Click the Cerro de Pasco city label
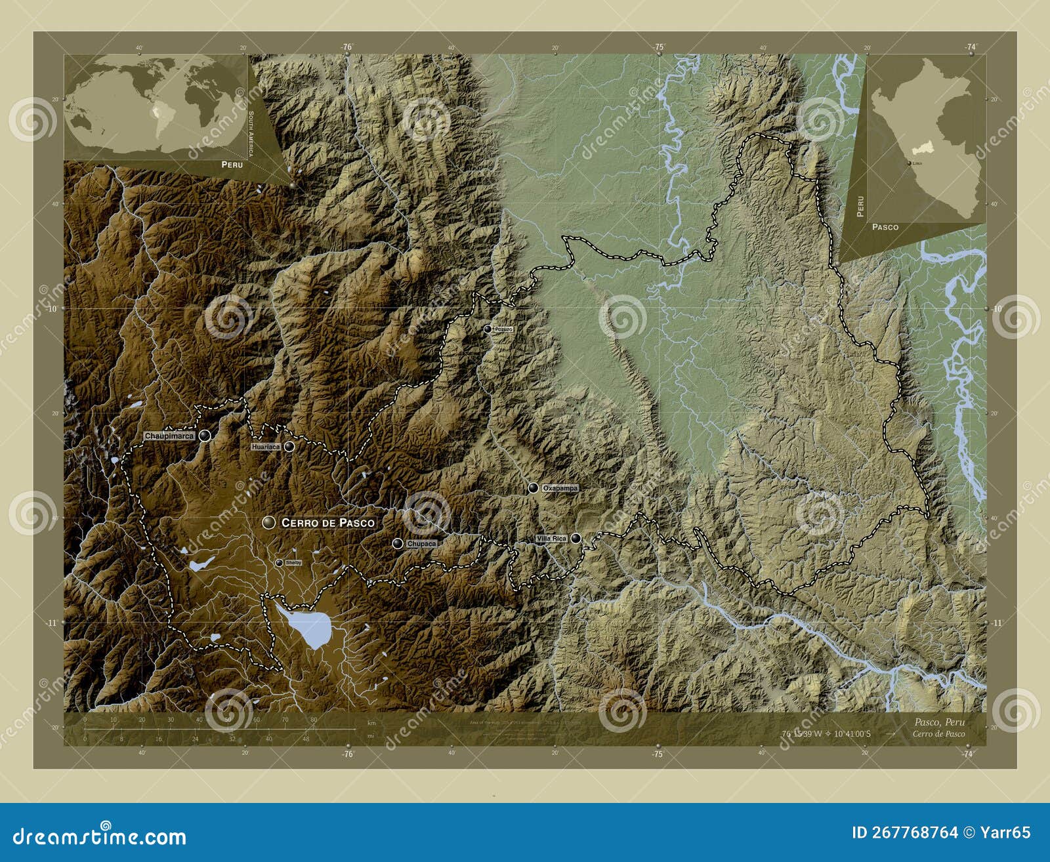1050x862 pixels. pos(327,523)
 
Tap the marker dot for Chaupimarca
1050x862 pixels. pos(206,436)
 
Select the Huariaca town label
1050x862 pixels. pos(265,447)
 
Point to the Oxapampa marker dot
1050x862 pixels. pos(534,488)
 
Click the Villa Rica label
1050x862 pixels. pos(551,539)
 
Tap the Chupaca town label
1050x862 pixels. pos(421,544)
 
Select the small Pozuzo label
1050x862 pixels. pos(503,329)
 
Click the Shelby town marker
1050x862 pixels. pos(279,563)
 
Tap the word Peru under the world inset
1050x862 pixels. pos(232,165)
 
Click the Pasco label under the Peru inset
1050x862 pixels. pos(885,227)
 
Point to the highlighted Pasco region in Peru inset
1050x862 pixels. pos(921,150)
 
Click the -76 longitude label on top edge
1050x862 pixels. pos(347,47)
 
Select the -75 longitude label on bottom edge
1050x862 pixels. pos(658,754)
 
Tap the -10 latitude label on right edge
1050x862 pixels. pos(997,308)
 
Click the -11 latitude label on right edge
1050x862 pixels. pos(997,623)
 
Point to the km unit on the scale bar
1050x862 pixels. pos(372,723)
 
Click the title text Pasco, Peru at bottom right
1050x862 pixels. pos(938,722)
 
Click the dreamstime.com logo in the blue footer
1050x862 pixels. pos(100,836)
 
